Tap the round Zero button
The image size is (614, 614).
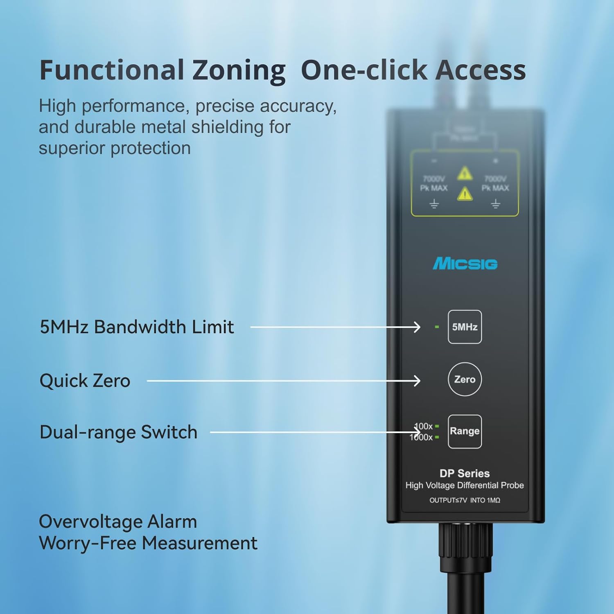pyautogui.click(x=465, y=379)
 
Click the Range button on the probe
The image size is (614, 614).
pyautogui.click(x=465, y=431)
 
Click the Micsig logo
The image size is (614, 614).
pyautogui.click(x=465, y=264)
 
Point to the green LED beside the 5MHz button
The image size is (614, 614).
pyautogui.click(x=437, y=327)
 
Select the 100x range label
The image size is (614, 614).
pyautogui.click(x=424, y=426)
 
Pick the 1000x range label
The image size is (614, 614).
pyautogui.click(x=421, y=437)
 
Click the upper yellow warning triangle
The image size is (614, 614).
pyautogui.click(x=465, y=174)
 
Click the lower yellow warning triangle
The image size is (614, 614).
pyautogui.click(x=465, y=194)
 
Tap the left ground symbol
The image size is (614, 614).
pyautogui.click(x=434, y=204)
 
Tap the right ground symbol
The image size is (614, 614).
pyautogui.click(x=495, y=204)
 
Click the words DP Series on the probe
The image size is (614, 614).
pyautogui.click(x=465, y=473)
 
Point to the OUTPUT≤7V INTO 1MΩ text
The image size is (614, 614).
pyautogui.click(x=465, y=500)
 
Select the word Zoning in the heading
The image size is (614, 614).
pyautogui.click(x=239, y=70)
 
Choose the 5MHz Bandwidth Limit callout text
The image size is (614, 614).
pyautogui.click(x=137, y=327)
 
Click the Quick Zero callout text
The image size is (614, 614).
pyautogui.click(x=85, y=381)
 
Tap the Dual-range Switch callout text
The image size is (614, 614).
pyautogui.click(x=118, y=432)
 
